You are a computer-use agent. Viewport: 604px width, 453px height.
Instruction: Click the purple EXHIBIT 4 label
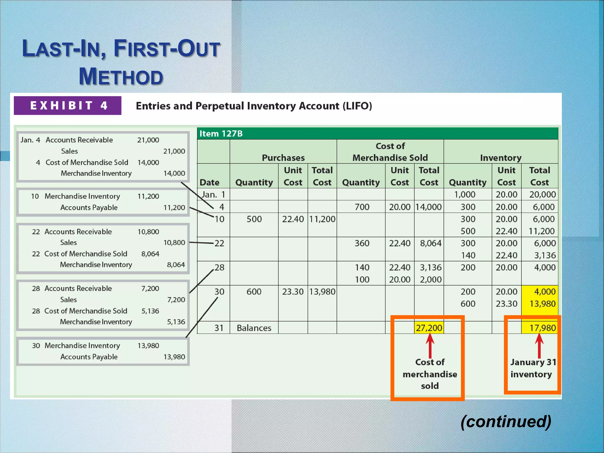click(x=68, y=106)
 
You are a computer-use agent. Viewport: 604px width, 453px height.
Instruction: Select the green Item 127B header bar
click(x=377, y=134)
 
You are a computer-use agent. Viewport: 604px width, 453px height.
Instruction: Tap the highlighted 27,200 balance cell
click(x=429, y=328)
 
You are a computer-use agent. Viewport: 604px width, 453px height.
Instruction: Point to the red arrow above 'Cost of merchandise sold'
click(x=430, y=345)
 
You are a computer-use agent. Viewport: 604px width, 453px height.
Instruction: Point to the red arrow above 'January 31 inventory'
click(x=539, y=345)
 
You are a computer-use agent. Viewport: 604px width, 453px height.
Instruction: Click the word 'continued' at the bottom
click(x=506, y=421)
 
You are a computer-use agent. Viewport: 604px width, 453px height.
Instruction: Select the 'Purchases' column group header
click(x=283, y=158)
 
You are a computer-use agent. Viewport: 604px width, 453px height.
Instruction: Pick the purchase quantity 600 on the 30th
click(x=254, y=292)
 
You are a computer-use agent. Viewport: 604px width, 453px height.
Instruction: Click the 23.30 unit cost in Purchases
click(x=293, y=292)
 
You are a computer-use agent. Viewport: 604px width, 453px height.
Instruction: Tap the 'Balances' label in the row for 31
click(x=254, y=328)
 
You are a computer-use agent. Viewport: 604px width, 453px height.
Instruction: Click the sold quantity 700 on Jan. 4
click(x=362, y=207)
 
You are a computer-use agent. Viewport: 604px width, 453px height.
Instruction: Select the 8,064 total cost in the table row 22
click(x=431, y=243)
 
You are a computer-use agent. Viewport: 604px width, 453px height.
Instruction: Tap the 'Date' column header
click(x=209, y=183)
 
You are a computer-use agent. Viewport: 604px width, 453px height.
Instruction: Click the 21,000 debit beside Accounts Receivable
click(x=148, y=140)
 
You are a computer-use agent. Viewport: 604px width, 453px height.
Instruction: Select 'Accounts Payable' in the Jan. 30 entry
click(x=89, y=357)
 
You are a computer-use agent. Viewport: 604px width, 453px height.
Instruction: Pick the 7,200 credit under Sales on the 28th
click(x=176, y=300)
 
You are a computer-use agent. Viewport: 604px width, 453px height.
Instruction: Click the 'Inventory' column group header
click(x=500, y=158)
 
